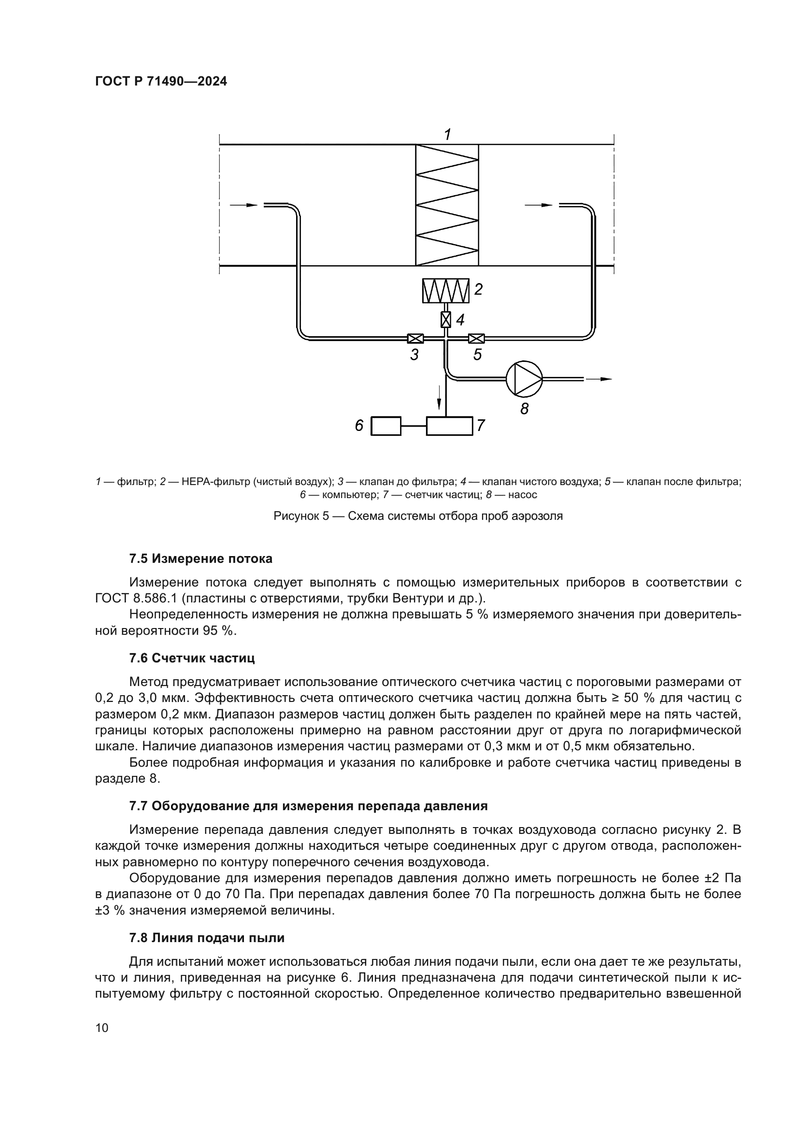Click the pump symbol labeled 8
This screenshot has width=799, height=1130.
[x=524, y=378]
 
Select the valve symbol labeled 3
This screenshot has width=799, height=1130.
[x=415, y=338]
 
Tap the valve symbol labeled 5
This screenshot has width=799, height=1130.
[x=476, y=338]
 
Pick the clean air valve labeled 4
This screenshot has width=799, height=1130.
[x=446, y=320]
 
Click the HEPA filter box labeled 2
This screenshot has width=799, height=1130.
[x=446, y=291]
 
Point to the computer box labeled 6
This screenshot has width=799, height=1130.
[x=385, y=426]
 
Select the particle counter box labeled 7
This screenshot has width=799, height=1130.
[x=449, y=426]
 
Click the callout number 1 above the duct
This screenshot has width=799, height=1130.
[x=447, y=134]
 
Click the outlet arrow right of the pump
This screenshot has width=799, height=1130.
[x=600, y=379]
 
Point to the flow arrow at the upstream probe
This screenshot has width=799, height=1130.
[x=244, y=205]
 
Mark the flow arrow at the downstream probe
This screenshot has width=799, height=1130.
[x=539, y=205]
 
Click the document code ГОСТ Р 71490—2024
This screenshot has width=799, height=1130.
[x=161, y=82]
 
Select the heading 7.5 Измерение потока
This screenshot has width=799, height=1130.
[x=200, y=558]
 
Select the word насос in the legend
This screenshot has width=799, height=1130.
[x=523, y=495]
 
